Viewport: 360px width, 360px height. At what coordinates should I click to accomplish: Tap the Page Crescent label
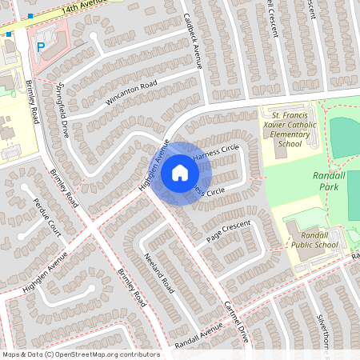point(229,231)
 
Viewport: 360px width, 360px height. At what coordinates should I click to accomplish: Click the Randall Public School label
point(314,239)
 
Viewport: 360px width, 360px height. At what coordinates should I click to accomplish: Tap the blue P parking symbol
point(41,47)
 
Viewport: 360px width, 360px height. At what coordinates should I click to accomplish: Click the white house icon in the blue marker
point(180,172)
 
